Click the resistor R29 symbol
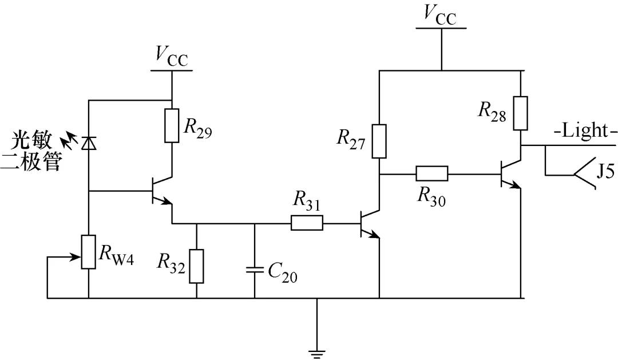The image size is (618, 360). click(172, 125)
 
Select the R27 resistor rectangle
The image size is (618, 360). click(379, 140)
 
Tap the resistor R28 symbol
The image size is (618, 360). click(521, 113)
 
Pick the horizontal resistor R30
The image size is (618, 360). click(431, 174)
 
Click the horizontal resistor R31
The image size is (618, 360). click(307, 223)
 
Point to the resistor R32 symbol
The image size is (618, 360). click(196, 266)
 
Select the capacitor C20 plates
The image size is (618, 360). click(255, 269)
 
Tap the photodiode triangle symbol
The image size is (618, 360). click(89, 141)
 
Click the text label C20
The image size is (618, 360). click(282, 275)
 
